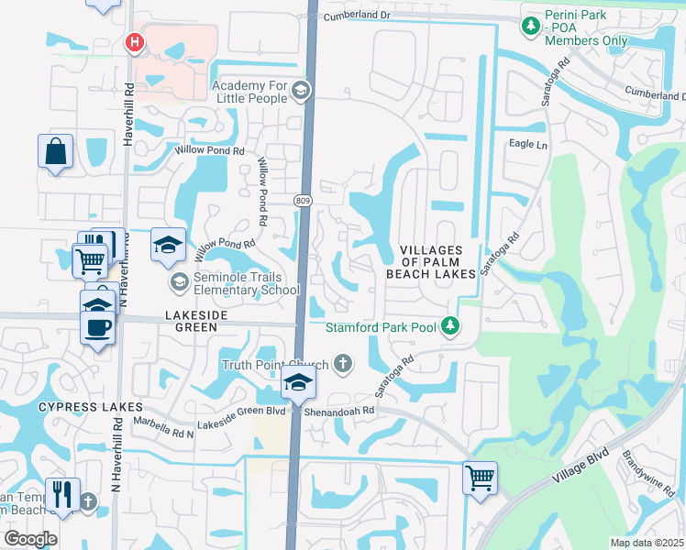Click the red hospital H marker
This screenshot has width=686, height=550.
click(x=135, y=42)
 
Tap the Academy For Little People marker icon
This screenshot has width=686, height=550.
click(x=302, y=90)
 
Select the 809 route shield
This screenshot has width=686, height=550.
click(x=303, y=200)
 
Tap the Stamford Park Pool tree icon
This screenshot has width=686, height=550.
click(x=450, y=325)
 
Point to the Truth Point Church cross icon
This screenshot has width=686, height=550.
click(x=343, y=364)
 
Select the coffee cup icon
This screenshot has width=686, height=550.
click(x=98, y=326)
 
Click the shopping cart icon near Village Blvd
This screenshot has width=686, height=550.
click(x=481, y=478)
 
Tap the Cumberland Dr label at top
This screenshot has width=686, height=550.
click(x=357, y=16)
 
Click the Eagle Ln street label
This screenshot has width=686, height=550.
click(x=528, y=145)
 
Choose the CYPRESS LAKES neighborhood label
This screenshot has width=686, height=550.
click(x=90, y=406)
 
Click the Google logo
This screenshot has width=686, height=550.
click(x=31, y=538)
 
